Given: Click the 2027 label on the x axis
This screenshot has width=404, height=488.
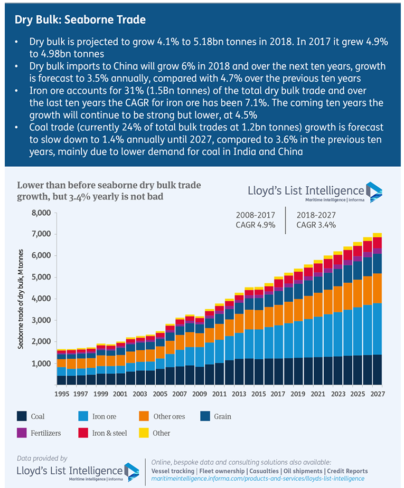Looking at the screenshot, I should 377,394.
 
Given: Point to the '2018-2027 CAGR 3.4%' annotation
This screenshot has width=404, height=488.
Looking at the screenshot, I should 316,220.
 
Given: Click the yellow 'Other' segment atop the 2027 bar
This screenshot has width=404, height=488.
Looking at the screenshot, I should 377,235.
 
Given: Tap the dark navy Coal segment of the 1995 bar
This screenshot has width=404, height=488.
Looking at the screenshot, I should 62,380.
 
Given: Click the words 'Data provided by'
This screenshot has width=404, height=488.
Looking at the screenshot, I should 42,458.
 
